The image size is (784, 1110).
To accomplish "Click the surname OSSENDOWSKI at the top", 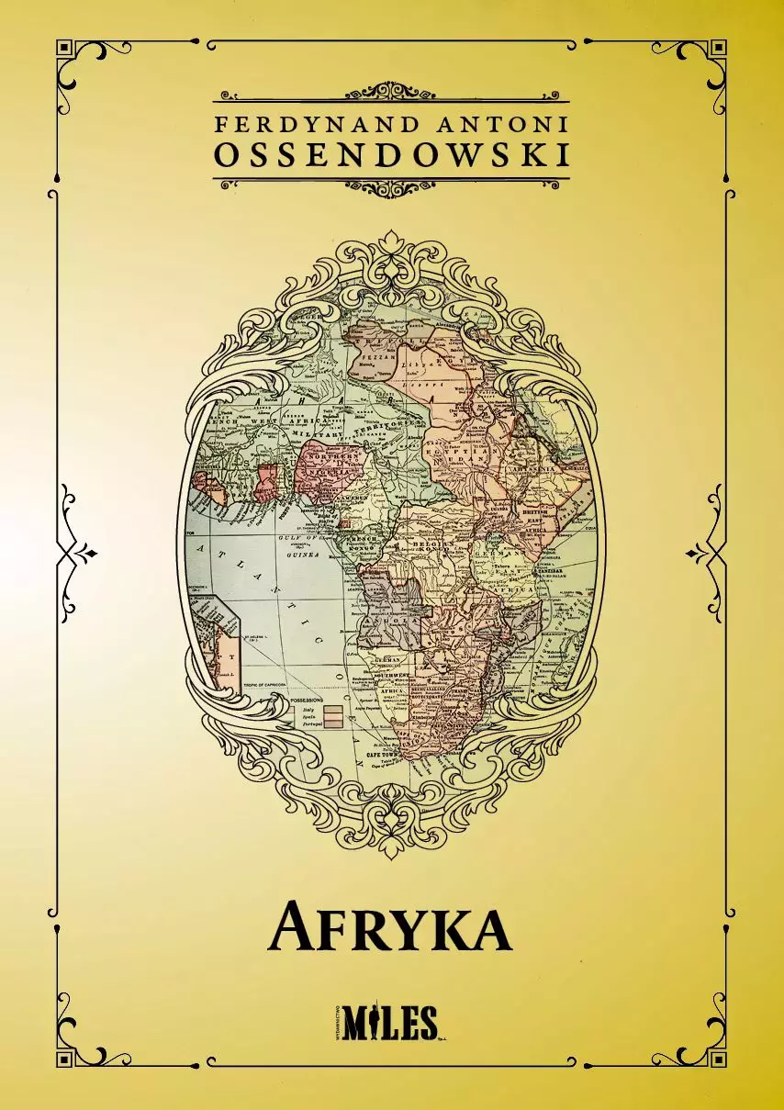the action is (391, 155).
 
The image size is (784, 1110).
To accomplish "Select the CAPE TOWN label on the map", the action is (386, 753).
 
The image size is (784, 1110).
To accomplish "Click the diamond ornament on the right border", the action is (692, 554).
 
